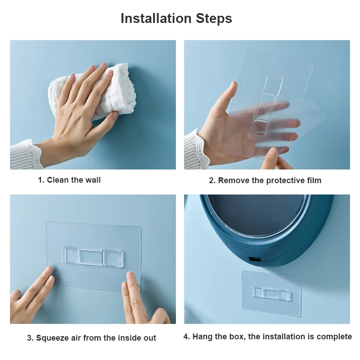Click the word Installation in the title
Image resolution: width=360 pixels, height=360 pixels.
156,18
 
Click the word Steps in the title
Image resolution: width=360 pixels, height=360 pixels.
214,18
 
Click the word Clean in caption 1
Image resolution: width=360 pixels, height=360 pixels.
58,180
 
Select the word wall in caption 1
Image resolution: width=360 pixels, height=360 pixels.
93,180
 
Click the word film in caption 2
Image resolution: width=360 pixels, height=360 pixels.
314,180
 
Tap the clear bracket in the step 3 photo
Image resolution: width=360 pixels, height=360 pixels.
92,257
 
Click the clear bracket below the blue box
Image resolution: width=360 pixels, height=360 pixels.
271,294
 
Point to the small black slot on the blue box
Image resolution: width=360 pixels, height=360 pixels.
255,259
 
